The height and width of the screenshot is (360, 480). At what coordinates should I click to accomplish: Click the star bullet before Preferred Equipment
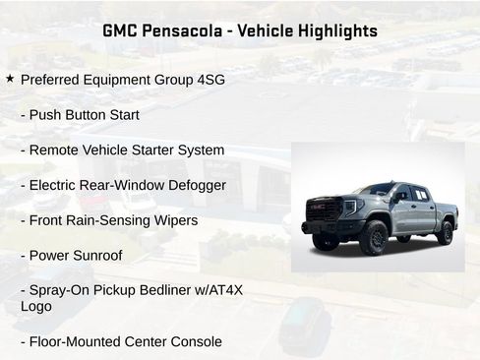[x=10, y=78]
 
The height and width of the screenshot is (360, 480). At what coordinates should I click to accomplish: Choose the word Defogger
[x=198, y=185]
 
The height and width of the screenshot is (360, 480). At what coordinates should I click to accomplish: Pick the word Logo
[x=36, y=306]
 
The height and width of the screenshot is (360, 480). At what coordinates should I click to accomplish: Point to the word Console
[x=194, y=341]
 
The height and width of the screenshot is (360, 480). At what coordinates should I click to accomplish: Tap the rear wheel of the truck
[x=445, y=231]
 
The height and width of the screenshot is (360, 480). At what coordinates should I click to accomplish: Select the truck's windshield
[x=376, y=190]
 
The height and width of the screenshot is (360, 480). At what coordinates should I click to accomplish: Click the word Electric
[x=56, y=185]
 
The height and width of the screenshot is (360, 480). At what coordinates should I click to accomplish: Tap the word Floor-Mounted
[x=73, y=341]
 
